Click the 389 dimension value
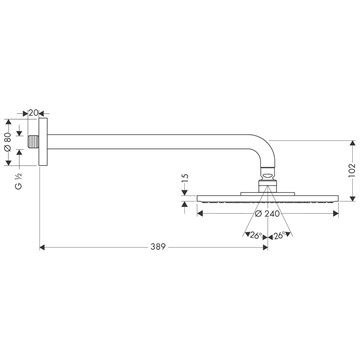pyautogui.click(x=158, y=247)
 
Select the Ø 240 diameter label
pyautogui.click(x=267, y=214)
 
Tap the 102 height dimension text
pyautogui.click(x=352, y=171)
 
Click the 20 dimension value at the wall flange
pyautogui.click(x=33, y=113)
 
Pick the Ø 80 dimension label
pyautogui.click(x=8, y=142)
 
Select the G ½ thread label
pyautogui.click(x=19, y=181)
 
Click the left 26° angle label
pyautogui.click(x=256, y=236)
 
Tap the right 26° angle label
pyautogui.click(x=280, y=236)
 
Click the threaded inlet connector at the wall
pyautogui.click(x=33, y=142)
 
